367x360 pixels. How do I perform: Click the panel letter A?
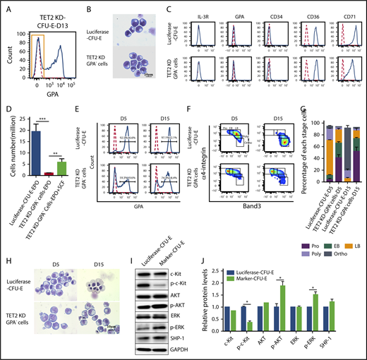6,6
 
